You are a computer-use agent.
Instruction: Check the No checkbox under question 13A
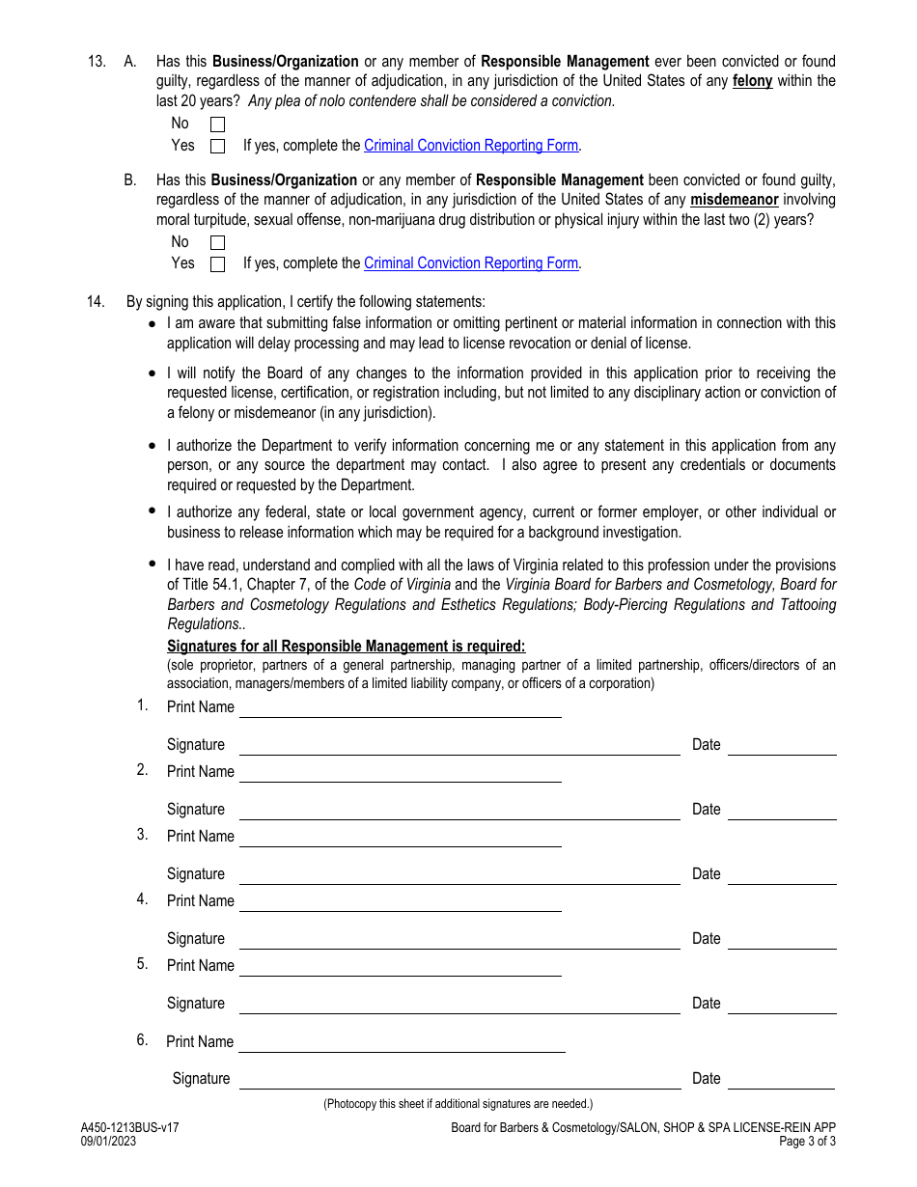pyautogui.click(x=217, y=124)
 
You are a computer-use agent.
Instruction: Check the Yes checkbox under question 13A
pyautogui.click(x=217, y=147)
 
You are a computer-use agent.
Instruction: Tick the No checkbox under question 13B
pyautogui.click(x=217, y=243)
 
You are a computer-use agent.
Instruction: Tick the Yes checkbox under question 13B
pyautogui.click(x=217, y=264)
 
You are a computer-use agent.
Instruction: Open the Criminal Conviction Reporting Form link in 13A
pyautogui.click(x=471, y=146)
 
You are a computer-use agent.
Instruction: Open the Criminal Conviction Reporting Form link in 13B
pyautogui.click(x=471, y=263)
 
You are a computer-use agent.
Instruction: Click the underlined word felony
pyautogui.click(x=753, y=81)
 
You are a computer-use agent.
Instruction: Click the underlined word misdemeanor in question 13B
pyautogui.click(x=734, y=200)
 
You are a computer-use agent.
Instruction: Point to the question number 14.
pyautogui.click(x=96, y=302)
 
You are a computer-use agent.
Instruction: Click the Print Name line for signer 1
pyautogui.click(x=400, y=709)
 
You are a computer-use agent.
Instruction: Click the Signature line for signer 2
pyautogui.click(x=459, y=811)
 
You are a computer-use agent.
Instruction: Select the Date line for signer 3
pyautogui.click(x=782, y=875)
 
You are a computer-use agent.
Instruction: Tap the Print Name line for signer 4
pyautogui.click(x=400, y=902)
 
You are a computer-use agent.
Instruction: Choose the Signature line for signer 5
pyautogui.click(x=459, y=1005)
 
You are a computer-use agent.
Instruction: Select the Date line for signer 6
pyautogui.click(x=782, y=1080)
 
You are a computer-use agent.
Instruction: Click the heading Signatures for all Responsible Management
pyautogui.click(x=346, y=647)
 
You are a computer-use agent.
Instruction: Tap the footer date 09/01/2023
pyautogui.click(x=108, y=1141)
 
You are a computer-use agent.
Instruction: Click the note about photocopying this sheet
pyautogui.click(x=458, y=1104)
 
